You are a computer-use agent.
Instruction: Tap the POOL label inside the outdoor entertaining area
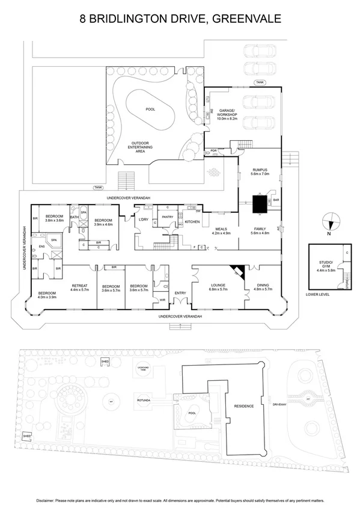coord(150,109)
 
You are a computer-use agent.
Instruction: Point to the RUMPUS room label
coord(260,170)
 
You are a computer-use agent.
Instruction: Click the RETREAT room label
coord(80,285)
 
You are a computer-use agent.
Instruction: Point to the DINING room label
coord(263,285)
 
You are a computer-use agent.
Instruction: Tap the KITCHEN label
coord(192,223)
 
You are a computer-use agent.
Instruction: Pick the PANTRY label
coord(168,217)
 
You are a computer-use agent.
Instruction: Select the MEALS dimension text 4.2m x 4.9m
coord(222,233)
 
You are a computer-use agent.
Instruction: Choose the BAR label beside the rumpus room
coord(276,200)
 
